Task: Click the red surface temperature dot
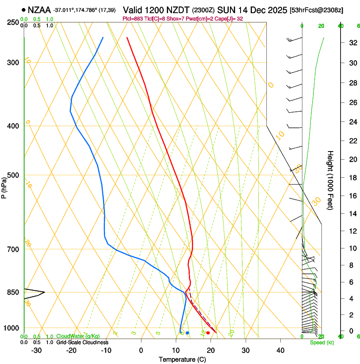pyautogui.click(x=208, y=333)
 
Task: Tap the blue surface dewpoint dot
pyautogui.click(x=187, y=333)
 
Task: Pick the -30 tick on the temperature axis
pyautogui.click(x=36, y=350)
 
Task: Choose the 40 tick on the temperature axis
pyautogui.click(x=280, y=350)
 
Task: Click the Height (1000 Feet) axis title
pyautogui.click(x=330, y=180)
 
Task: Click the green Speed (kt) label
pyautogui.click(x=322, y=342)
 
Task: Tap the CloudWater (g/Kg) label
pyautogui.click(x=78, y=336)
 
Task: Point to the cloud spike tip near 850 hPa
pyautogui.click(x=44, y=292)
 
